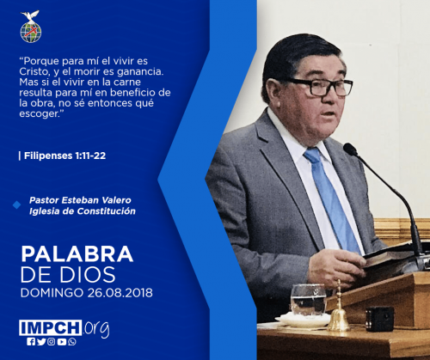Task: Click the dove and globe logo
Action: (x=31, y=27)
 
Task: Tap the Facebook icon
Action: (x=31, y=342)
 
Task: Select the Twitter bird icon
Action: (x=41, y=342)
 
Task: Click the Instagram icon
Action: (x=52, y=342)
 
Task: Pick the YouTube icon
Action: (x=62, y=342)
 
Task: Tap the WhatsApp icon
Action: (x=72, y=342)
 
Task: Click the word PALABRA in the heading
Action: (x=77, y=254)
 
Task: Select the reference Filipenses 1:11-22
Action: (x=64, y=156)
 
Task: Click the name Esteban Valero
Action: (x=96, y=200)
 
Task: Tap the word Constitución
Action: (x=107, y=211)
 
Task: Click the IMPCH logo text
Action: (x=51, y=327)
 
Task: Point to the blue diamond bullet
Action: (x=17, y=204)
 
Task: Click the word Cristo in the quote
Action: (x=34, y=71)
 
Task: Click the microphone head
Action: (x=351, y=149)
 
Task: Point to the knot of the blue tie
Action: (x=313, y=155)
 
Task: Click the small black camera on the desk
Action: (x=380, y=319)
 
